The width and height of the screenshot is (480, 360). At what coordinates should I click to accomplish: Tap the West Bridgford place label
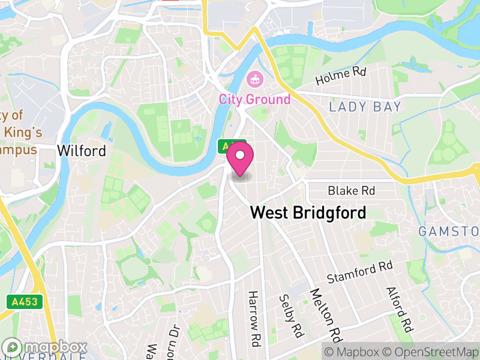point(308,212)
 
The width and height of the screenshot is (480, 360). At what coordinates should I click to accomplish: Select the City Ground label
point(254,99)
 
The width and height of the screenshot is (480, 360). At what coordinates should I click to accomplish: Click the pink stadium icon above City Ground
point(255,79)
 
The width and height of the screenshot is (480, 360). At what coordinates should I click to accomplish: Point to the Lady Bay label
point(365,107)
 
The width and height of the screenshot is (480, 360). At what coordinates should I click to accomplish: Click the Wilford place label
point(82,151)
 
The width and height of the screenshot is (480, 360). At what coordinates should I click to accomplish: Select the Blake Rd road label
point(351,191)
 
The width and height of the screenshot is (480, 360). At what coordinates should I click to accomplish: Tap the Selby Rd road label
point(290,315)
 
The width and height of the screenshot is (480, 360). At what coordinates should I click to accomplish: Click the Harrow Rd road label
point(256,319)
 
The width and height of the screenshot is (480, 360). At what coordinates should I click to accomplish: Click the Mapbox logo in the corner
point(45,347)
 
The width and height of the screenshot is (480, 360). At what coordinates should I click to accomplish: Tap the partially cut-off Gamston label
point(448,231)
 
